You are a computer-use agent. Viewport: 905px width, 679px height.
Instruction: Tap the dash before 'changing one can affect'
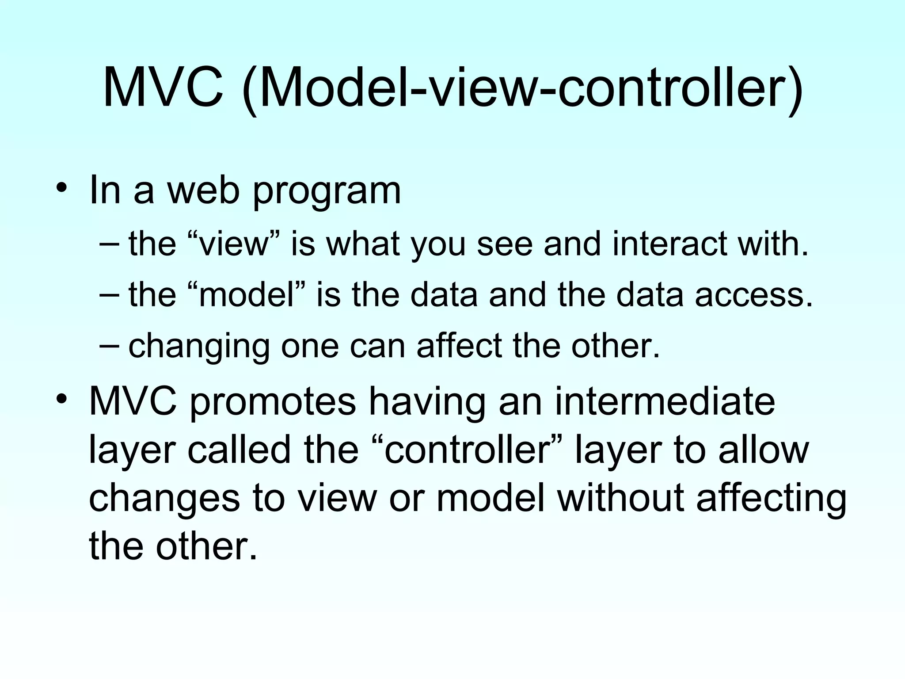[x=109, y=345]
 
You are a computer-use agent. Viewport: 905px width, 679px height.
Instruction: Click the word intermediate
[x=665, y=401]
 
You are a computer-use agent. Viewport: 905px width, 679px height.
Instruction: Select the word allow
[x=763, y=450]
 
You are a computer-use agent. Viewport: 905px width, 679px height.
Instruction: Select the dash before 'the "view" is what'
[x=109, y=244]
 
